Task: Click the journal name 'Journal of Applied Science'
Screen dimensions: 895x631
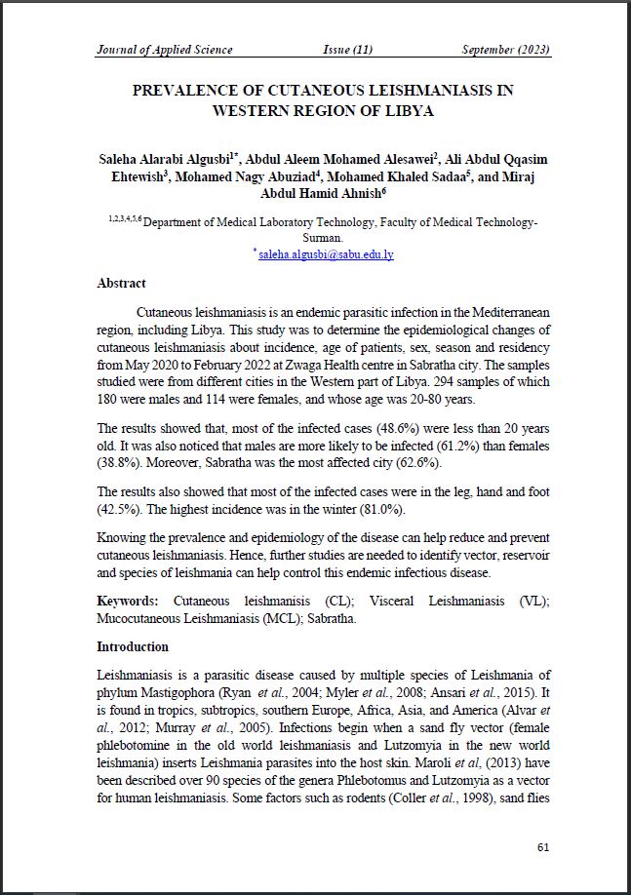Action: [x=163, y=50]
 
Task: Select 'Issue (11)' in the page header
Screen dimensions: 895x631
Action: [x=347, y=50]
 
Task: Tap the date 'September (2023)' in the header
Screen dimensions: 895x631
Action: [x=506, y=50]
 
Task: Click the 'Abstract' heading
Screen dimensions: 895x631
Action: [x=121, y=284]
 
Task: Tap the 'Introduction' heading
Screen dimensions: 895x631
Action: [x=133, y=646]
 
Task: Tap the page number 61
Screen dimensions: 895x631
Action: [x=543, y=846]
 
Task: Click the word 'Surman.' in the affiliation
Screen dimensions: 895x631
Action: [x=322, y=237]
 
